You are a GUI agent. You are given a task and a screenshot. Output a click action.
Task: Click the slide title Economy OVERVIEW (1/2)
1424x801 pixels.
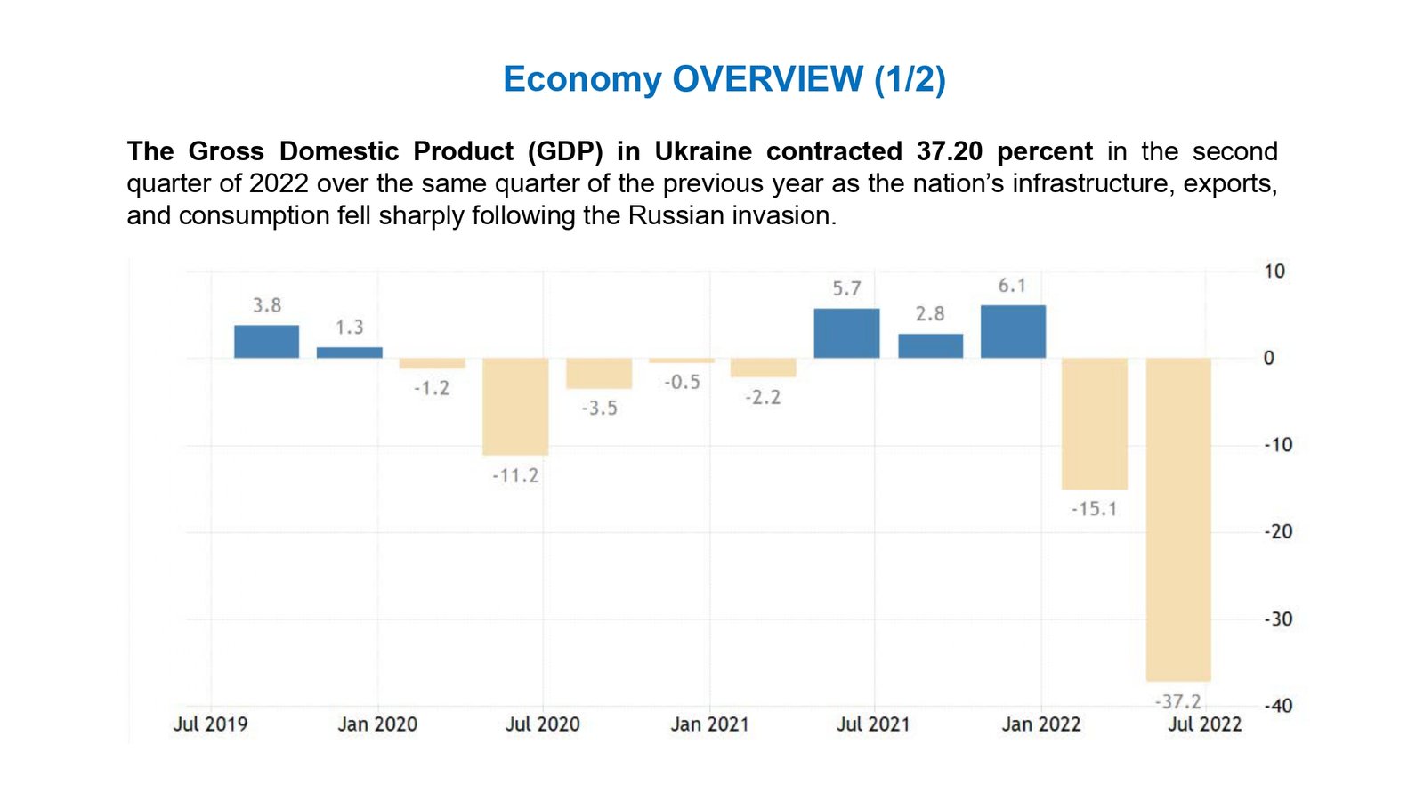coord(724,79)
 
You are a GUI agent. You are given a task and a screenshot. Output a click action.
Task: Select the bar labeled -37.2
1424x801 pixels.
coord(1178,519)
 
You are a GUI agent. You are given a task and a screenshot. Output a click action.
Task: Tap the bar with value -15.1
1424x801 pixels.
coord(1095,424)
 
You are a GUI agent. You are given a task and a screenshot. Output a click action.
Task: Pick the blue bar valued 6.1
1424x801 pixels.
coord(1013,332)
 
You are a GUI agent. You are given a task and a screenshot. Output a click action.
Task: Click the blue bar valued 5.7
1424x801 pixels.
coord(846,334)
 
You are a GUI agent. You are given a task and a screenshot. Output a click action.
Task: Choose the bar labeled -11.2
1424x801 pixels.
coord(515,407)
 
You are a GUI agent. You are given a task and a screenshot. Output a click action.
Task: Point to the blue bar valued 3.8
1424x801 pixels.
coord(266,342)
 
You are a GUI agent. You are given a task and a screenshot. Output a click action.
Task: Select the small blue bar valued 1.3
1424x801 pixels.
coord(350,352)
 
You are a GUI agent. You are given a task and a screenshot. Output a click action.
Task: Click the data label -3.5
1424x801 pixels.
coord(599,409)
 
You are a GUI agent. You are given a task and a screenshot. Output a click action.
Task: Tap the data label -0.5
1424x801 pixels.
coord(682,383)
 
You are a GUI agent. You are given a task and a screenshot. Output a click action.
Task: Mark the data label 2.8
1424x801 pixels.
coord(930,314)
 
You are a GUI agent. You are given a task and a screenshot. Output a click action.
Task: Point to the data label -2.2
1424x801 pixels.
coord(763,398)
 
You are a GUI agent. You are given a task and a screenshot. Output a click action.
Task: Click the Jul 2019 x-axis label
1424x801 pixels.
coord(210,724)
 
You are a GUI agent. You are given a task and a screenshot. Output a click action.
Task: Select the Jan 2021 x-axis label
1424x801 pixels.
coord(709,724)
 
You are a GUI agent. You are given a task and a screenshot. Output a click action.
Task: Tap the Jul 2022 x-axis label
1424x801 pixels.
coord(1204,724)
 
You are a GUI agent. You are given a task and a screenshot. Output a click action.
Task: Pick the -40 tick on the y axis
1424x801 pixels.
coord(1278,706)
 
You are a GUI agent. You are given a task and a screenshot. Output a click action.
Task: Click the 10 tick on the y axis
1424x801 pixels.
coord(1274,271)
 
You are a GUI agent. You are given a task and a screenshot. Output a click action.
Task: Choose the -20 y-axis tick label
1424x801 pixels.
coord(1278,532)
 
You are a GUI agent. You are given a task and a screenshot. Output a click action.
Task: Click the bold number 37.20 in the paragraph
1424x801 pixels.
coord(949,151)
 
